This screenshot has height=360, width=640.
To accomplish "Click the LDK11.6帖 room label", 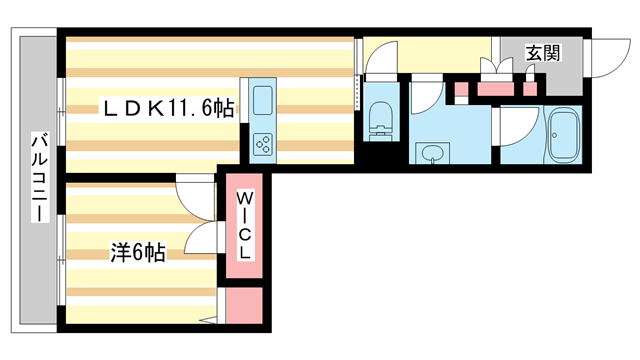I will [x=166, y=107].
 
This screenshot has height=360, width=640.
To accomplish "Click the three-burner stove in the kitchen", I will [x=264, y=144].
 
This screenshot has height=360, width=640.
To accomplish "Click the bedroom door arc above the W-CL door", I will [x=195, y=191].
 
